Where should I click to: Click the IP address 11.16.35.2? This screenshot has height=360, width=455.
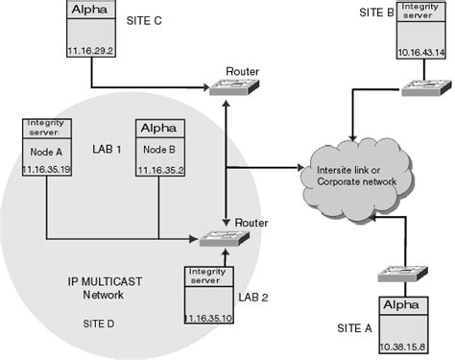tap(157, 170)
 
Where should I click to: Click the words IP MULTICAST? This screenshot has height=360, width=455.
tap(83, 279)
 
